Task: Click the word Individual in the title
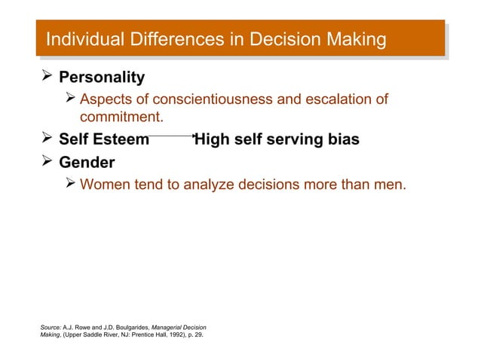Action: click(x=78, y=39)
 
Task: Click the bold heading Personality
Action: click(x=102, y=78)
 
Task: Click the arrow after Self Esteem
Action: click(x=172, y=136)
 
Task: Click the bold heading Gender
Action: click(x=87, y=163)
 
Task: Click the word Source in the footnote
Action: click(x=51, y=326)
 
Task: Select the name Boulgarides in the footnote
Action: click(x=127, y=326)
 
